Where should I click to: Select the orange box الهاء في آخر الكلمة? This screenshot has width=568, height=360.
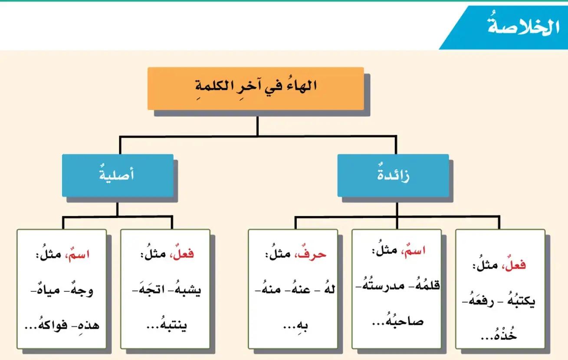pyautogui.click(x=256, y=89)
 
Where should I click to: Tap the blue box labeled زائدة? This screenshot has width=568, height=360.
pyautogui.click(x=393, y=175)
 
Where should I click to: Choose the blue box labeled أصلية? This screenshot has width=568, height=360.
pyautogui.click(x=118, y=175)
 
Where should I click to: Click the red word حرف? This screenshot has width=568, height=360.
pyautogui.click(x=311, y=254)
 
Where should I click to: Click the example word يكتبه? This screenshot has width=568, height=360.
pyautogui.click(x=521, y=301)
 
